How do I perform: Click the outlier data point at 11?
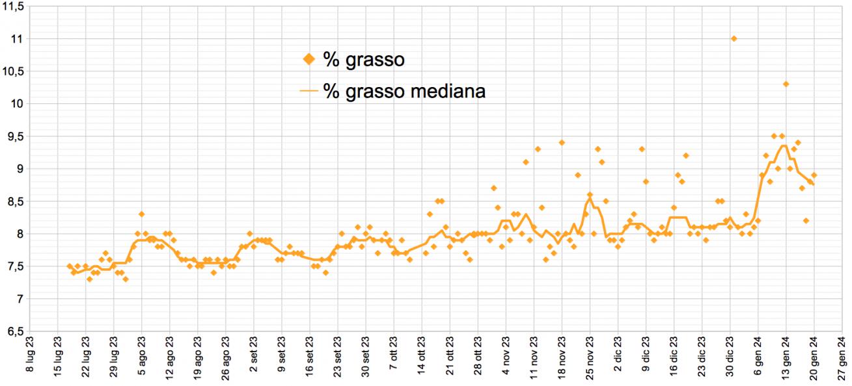click(x=734, y=39)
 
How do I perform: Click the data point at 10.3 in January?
click(x=786, y=84)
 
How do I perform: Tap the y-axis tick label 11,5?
click(x=14, y=6)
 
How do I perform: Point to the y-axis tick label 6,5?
click(x=14, y=331)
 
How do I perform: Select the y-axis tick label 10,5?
click(x=14, y=71)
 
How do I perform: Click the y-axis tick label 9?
click(x=20, y=169)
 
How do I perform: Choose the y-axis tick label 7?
click(x=20, y=298)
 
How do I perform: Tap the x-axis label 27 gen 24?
click(x=842, y=359)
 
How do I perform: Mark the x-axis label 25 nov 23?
click(x=590, y=359)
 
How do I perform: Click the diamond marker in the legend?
click(x=309, y=60)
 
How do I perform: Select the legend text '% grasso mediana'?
click(x=404, y=92)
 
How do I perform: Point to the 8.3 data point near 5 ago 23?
click(x=141, y=214)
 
